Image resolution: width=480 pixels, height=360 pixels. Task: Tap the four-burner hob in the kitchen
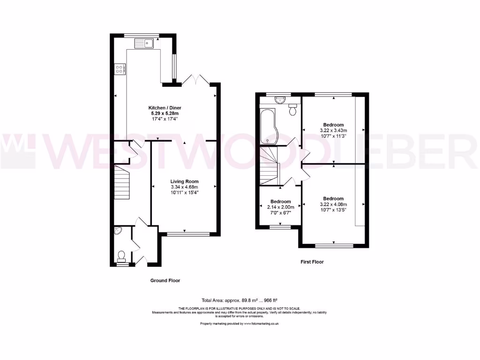pyautogui.click(x=120, y=69)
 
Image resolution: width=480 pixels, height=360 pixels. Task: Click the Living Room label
pyautogui.click(x=184, y=181)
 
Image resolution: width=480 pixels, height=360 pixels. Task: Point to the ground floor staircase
pyautogui.click(x=121, y=183)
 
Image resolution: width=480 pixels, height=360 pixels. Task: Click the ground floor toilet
pyautogui.click(x=122, y=255)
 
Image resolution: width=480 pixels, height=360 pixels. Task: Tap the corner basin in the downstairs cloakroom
pyautogui.click(x=118, y=231)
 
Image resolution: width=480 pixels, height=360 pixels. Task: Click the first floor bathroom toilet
pyautogui.click(x=293, y=110)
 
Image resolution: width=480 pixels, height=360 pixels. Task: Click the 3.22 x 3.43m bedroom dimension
pyautogui.click(x=333, y=130)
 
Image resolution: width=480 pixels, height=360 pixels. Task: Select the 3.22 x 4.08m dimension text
pyautogui.click(x=333, y=204)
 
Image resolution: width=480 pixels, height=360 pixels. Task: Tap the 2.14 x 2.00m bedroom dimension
pyautogui.click(x=280, y=207)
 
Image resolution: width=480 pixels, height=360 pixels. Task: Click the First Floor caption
pyautogui.click(x=312, y=262)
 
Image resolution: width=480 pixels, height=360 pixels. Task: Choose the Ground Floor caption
pyautogui.click(x=165, y=280)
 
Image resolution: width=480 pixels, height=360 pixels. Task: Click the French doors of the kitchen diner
pyautogui.click(x=194, y=80)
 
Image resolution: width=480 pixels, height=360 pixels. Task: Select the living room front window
pyautogui.click(x=183, y=233)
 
